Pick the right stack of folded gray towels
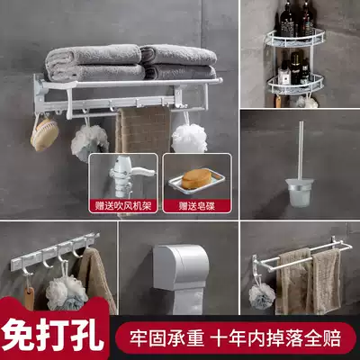pyautogui.click(x=179, y=61)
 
